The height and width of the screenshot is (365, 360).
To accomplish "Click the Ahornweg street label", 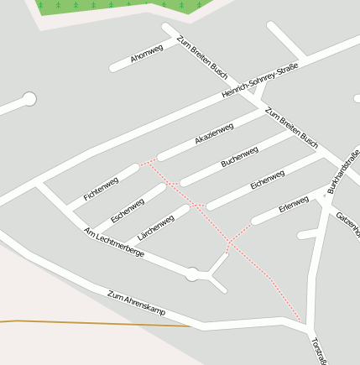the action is tap(148, 53).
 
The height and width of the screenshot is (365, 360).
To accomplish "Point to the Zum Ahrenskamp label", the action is tap(137, 303).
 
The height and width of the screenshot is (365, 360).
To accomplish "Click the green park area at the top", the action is tap(117, 7).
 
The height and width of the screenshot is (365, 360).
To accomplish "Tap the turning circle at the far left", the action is tap(29, 100).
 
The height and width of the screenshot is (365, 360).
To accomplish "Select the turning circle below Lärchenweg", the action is tap(192, 274).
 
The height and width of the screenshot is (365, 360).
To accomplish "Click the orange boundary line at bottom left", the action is tap(84, 322).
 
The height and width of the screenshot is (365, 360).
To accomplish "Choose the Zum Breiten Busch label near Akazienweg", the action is tap(291, 124).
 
